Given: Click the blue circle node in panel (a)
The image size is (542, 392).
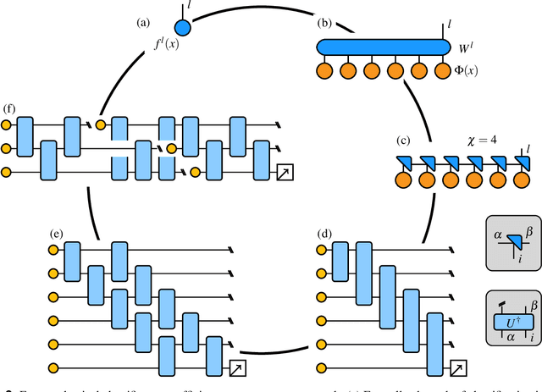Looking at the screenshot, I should (x=183, y=27).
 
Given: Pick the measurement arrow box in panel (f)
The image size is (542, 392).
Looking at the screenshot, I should (x=285, y=174).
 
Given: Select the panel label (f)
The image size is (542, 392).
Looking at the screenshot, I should (x=9, y=110).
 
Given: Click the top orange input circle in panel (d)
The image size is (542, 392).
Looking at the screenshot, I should (x=319, y=249).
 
